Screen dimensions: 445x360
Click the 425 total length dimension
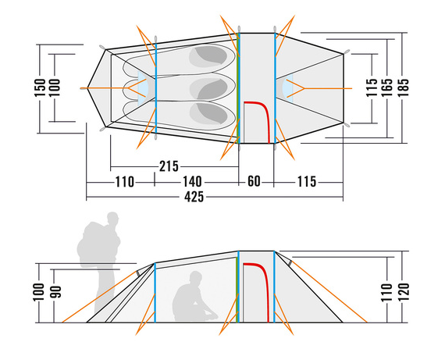(194, 197)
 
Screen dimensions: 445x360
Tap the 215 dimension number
(169, 166)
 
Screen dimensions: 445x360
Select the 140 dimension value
(192, 182)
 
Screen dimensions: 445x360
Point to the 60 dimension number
(254, 181)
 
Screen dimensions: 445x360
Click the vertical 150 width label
(40, 87)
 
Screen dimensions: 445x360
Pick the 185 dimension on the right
(403, 87)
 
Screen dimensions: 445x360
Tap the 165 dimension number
(387, 87)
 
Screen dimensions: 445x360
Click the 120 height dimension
(404, 292)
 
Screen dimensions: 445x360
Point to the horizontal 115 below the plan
(307, 182)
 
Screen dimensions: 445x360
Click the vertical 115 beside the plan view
(372, 87)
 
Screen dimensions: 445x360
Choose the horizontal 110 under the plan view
(124, 182)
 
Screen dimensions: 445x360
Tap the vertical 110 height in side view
(388, 292)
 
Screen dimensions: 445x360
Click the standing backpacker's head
(112, 218)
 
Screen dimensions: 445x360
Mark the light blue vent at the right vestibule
(287, 88)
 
